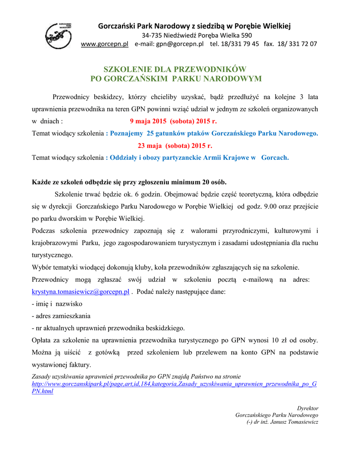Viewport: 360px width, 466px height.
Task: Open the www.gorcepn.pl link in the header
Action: (x=104, y=44)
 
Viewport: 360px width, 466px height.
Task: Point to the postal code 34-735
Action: (x=153, y=35)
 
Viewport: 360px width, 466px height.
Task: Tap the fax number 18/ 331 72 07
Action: (x=298, y=44)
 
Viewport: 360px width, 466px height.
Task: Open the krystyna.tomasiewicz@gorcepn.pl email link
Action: (x=81, y=292)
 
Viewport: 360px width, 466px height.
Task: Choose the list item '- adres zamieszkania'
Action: (x=61, y=316)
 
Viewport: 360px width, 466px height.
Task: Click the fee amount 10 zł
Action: (x=278, y=340)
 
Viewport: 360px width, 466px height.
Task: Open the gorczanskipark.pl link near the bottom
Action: (x=174, y=384)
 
